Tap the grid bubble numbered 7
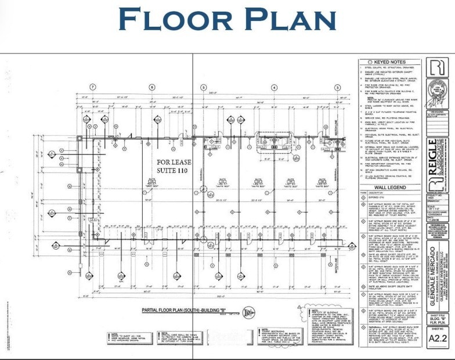point(92,87)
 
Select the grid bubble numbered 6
point(152,87)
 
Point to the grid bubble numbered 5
point(204,87)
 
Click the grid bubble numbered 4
point(270,87)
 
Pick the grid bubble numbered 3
point(337,87)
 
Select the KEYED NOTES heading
point(390,62)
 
